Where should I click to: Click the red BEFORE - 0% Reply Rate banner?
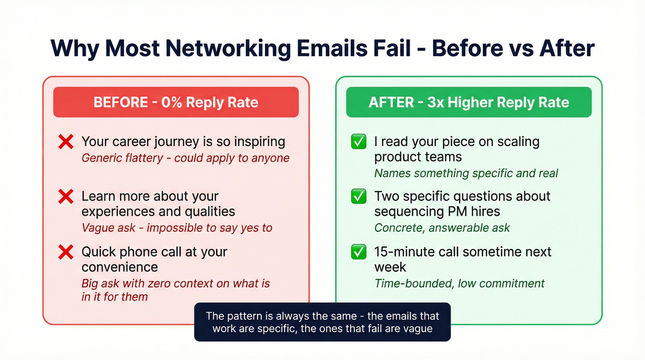[x=176, y=102]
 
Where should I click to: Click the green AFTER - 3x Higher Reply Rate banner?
[x=469, y=102]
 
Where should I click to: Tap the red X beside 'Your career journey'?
[x=66, y=142]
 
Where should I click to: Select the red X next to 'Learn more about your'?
[x=66, y=197]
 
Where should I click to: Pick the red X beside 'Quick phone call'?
[x=66, y=252]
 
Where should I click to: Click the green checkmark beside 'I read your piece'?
[x=358, y=142]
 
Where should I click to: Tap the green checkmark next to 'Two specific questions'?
[x=358, y=197]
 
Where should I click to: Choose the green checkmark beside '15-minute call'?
[x=358, y=252]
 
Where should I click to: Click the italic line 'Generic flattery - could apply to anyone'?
[x=186, y=158]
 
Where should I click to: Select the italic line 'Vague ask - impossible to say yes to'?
[x=177, y=228]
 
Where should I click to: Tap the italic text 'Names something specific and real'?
[x=466, y=173]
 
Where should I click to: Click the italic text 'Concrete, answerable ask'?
[x=442, y=228]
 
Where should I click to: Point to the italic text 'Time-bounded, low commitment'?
[x=459, y=283]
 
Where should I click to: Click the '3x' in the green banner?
[x=435, y=102]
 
